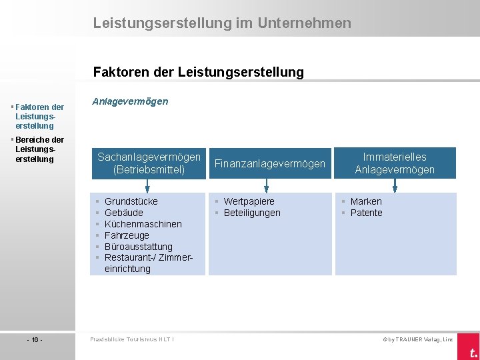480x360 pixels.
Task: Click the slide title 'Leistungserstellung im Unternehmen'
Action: click(x=222, y=23)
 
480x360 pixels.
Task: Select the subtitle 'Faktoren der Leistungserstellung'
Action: click(x=199, y=71)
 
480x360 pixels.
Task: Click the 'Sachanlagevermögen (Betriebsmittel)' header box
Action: click(x=149, y=163)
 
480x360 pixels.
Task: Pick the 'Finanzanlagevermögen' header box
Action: click(x=269, y=163)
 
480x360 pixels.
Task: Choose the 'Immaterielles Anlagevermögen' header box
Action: click(x=395, y=163)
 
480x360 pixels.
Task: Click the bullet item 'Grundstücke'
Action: click(x=131, y=201)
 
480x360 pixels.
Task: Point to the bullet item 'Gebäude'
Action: click(x=124, y=213)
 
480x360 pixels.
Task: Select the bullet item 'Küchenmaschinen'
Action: click(x=143, y=224)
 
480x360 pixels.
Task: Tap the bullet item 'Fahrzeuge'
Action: click(x=127, y=235)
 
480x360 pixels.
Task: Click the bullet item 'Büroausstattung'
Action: click(x=138, y=247)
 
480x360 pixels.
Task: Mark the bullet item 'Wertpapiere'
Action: click(x=249, y=201)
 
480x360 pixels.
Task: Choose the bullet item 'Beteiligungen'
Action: click(x=252, y=213)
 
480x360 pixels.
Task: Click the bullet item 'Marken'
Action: click(x=366, y=201)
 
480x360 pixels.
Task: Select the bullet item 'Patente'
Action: click(x=366, y=213)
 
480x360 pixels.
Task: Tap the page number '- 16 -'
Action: click(x=35, y=339)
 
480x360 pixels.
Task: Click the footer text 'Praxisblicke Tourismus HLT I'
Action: click(x=132, y=339)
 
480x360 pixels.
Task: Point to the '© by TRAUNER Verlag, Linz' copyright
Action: click(x=417, y=339)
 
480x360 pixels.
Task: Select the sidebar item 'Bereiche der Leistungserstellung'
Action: click(x=39, y=149)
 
